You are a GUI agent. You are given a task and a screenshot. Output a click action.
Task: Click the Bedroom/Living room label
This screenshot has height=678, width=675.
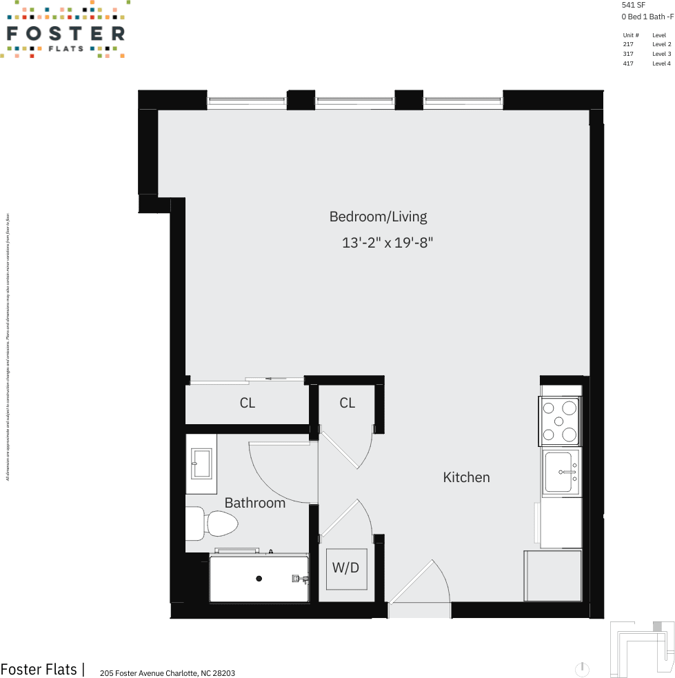(378, 217)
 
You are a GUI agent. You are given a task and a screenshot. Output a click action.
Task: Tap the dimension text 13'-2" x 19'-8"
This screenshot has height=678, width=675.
(387, 243)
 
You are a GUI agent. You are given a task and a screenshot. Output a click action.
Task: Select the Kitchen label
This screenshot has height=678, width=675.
(466, 477)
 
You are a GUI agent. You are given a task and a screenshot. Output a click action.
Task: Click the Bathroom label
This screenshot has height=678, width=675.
(254, 503)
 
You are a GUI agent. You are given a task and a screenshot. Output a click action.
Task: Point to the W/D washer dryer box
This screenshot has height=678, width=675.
(346, 568)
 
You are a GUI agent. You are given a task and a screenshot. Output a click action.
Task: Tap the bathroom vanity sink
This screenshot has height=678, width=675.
(201, 463)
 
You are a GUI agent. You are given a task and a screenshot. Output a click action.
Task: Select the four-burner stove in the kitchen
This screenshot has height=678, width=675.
(559, 421)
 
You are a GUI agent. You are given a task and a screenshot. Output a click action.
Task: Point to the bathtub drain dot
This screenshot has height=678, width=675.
(259, 579)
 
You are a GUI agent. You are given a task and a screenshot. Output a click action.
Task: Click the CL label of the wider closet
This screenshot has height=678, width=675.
(248, 403)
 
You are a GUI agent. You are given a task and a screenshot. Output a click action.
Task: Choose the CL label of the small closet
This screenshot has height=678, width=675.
(347, 403)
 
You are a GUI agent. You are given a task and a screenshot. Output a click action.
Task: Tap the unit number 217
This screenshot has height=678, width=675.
(627, 44)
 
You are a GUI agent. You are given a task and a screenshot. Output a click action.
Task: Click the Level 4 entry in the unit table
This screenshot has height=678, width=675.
(661, 63)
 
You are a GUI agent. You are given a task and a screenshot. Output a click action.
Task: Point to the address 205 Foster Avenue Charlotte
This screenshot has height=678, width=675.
(168, 673)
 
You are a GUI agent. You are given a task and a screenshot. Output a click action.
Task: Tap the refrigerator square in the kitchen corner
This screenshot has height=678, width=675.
(552, 576)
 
